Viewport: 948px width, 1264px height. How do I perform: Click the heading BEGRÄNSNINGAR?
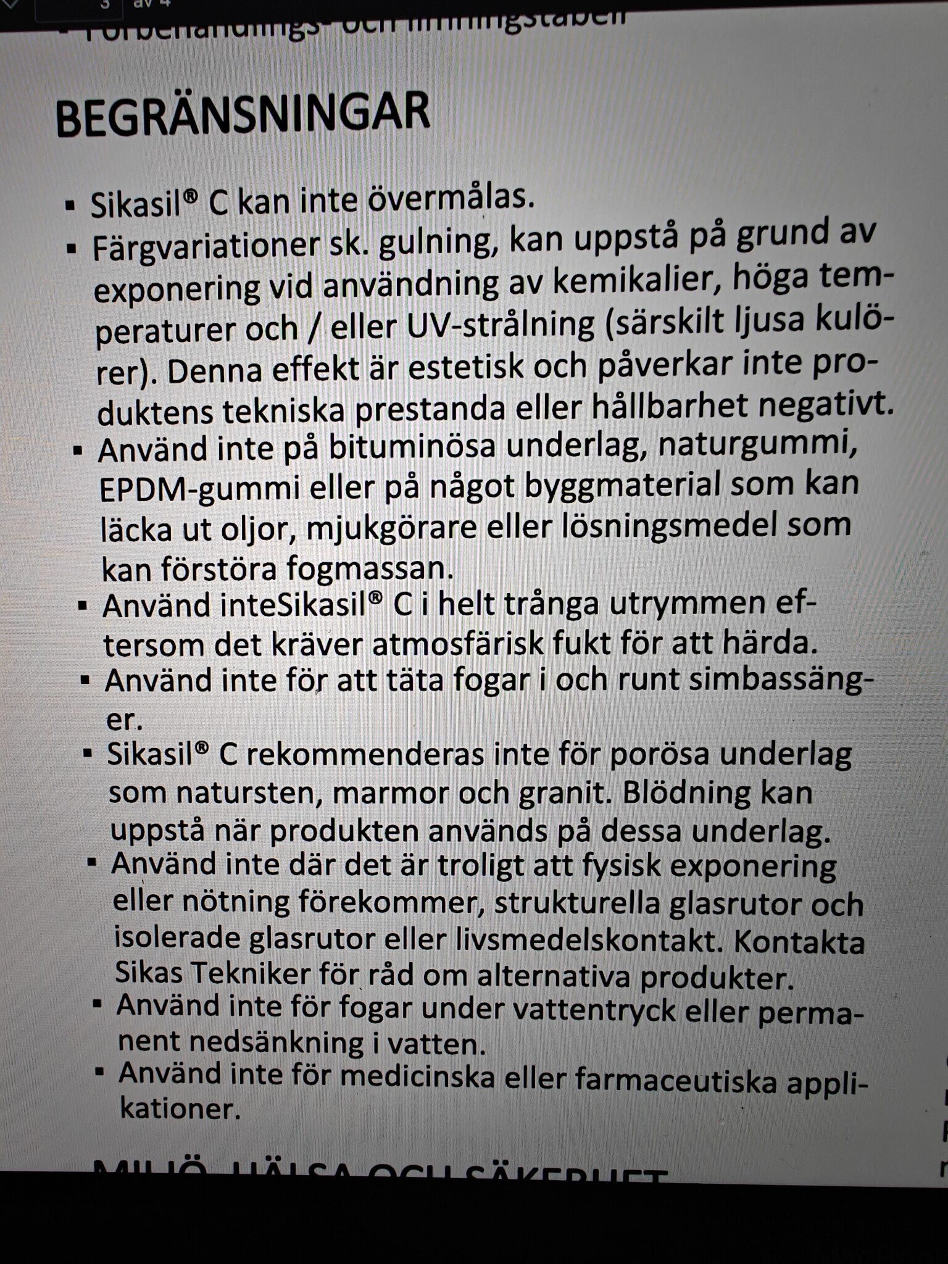(242, 115)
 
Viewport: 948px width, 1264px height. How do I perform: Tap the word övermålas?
(451, 199)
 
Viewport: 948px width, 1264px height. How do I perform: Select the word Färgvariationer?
(204, 247)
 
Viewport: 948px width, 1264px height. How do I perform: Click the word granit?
(562, 792)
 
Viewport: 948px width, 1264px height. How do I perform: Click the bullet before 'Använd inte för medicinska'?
(99, 1072)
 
